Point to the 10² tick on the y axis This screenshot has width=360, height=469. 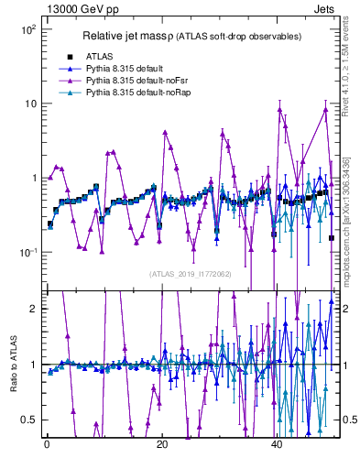27,29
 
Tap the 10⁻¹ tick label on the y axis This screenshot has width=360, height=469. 27,252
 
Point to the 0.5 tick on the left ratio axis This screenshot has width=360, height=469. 29,420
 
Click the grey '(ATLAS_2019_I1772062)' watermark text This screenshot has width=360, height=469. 191,273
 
